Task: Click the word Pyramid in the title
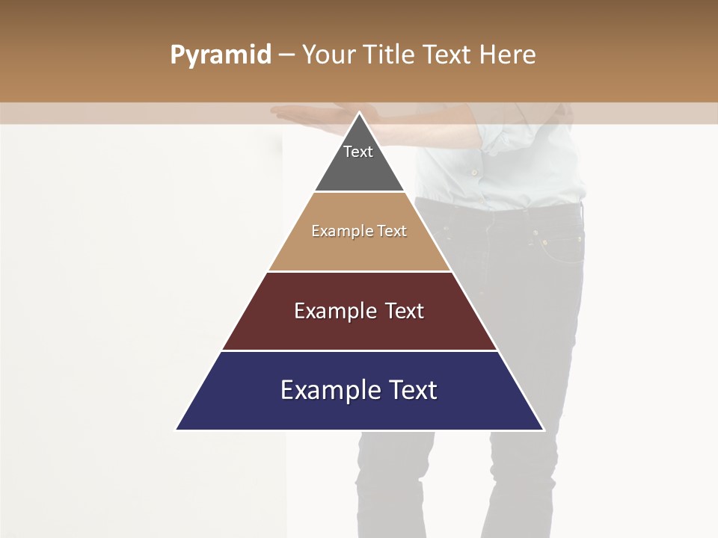click(220, 55)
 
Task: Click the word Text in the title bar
click(447, 55)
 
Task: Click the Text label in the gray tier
click(358, 152)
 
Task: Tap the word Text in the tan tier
click(392, 231)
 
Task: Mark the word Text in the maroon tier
click(405, 311)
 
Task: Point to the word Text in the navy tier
click(412, 390)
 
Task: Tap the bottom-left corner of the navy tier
click(177, 429)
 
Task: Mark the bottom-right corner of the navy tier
click(543, 429)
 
